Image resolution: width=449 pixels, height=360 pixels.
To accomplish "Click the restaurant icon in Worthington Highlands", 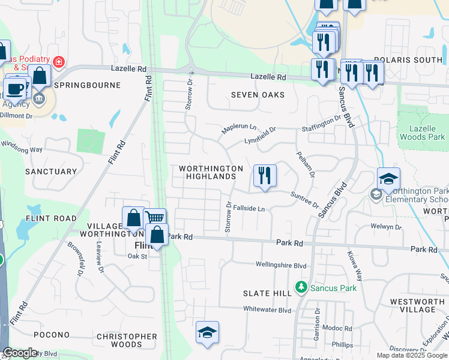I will (x=265, y=176).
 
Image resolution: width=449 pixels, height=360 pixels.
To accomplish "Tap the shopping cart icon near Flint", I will (x=155, y=218).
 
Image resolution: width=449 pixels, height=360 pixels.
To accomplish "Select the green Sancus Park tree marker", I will (x=301, y=288).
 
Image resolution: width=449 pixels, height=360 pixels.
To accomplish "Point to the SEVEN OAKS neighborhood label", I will (x=258, y=95).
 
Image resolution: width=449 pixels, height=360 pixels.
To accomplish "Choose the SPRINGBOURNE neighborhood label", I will (x=87, y=85).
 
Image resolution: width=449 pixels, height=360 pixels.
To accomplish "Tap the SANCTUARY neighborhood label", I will (x=51, y=172).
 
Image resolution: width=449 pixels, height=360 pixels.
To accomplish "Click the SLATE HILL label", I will (x=267, y=293).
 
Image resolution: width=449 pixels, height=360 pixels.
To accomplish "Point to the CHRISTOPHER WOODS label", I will (x=126, y=340).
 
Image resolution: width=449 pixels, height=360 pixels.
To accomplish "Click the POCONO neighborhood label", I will (x=51, y=335).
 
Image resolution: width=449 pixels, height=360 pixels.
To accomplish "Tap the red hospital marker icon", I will (x=58, y=61).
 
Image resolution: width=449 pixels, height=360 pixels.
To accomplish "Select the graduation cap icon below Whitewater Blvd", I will (x=207, y=332).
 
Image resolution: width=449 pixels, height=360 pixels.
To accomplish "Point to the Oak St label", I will (x=137, y=256).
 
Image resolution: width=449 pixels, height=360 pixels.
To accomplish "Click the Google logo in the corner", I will (x=20, y=353).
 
